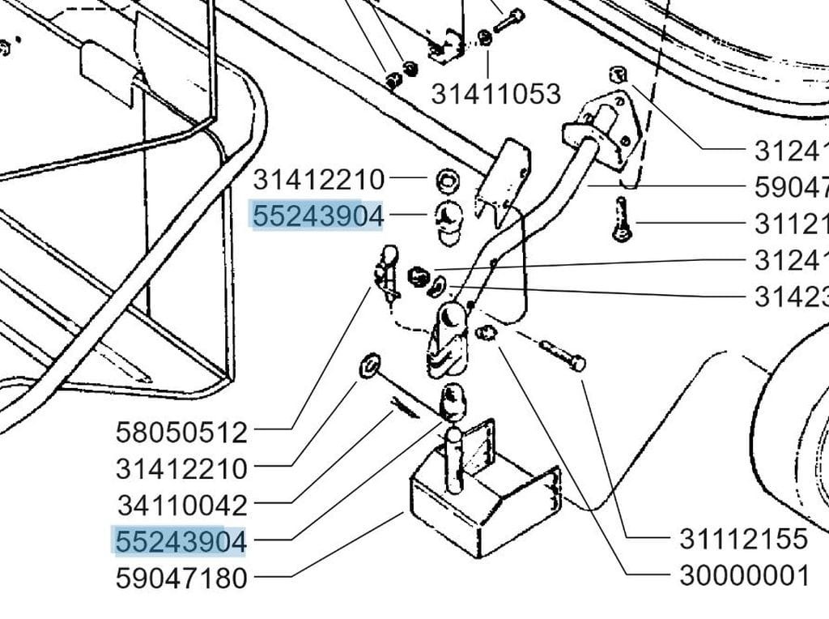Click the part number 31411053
coord(495,94)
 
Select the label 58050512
coord(181,432)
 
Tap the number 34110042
coord(181,506)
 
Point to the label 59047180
coord(181,578)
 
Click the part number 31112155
coord(743,539)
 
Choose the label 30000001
coord(744,575)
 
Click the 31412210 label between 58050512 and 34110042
coord(181,468)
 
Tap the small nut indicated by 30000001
coord(487,332)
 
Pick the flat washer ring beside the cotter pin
coord(368,365)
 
